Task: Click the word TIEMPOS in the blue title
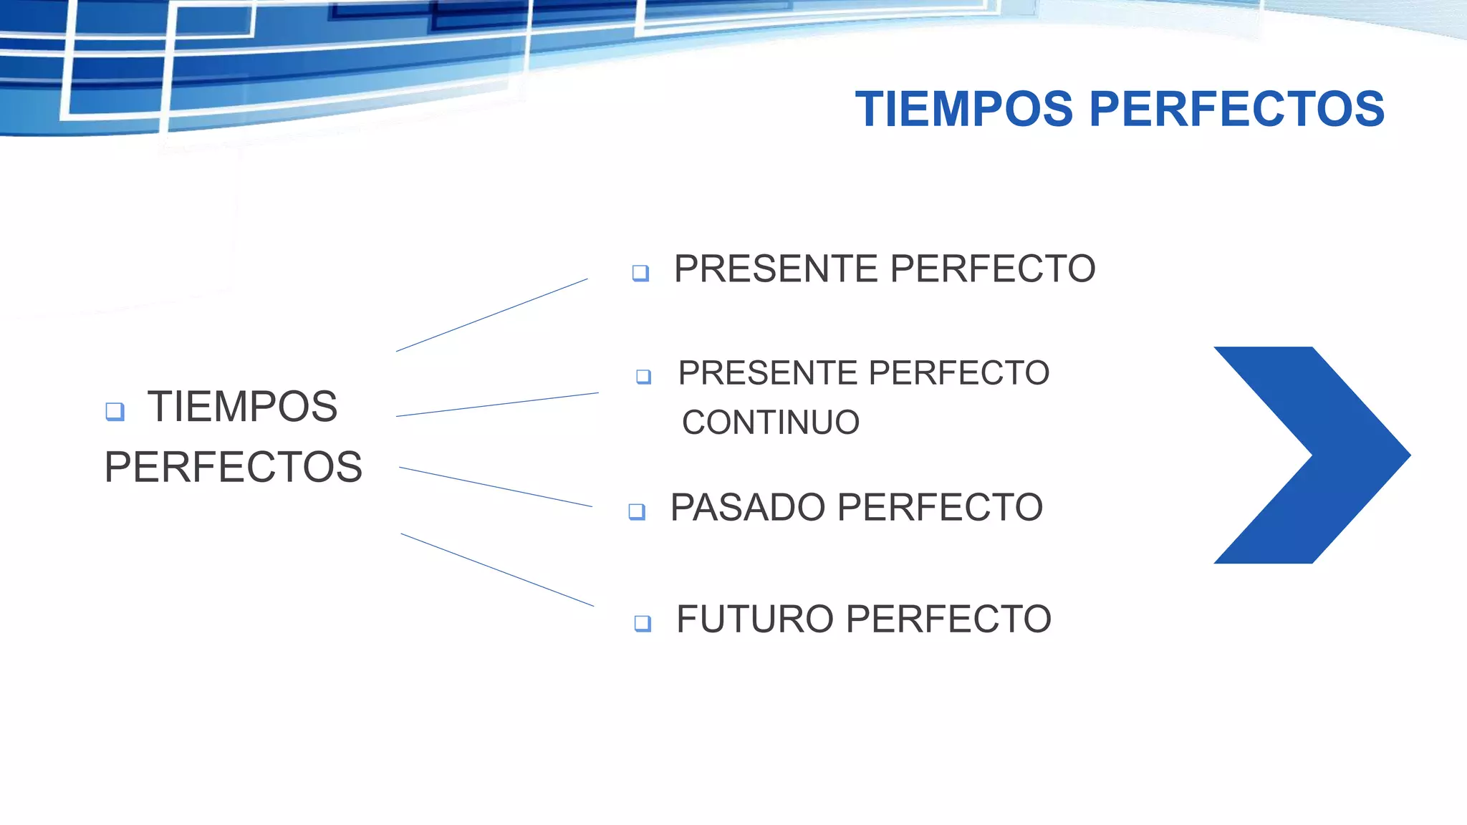coord(964,110)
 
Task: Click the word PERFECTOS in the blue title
coord(1237,110)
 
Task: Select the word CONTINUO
coord(771,423)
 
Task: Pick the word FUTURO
coord(756,619)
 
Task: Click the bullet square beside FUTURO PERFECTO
coord(643,623)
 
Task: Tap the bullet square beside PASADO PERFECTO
coord(637,511)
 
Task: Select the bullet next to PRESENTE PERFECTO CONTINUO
coord(643,376)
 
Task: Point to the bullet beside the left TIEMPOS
coord(115,411)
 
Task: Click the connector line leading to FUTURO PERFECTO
coord(497,570)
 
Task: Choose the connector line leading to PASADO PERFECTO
coord(496,487)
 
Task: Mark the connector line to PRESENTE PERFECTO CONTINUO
coord(497,405)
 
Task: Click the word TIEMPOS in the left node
coord(242,407)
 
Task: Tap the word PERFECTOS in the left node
coord(234,467)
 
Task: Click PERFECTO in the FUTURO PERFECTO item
coord(949,619)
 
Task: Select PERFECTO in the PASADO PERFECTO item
coord(940,508)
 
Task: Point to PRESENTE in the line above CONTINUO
coord(768,373)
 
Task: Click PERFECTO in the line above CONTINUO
coord(959,373)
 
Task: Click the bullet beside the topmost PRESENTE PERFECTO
coord(640,273)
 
